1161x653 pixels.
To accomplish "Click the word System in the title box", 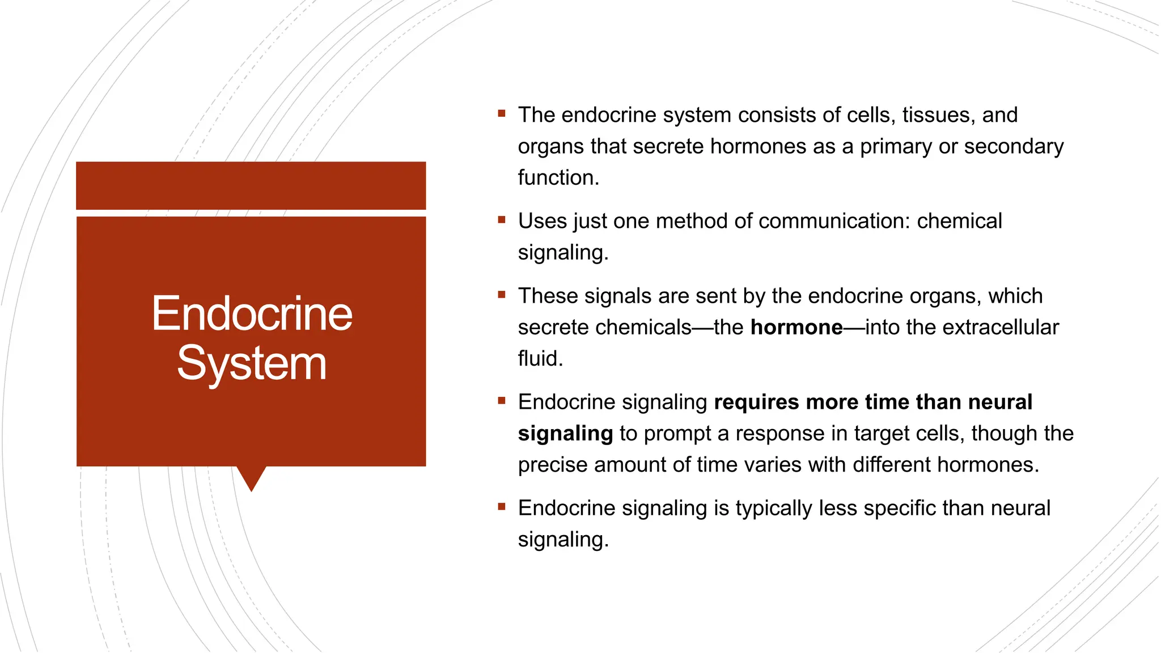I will click(x=252, y=363).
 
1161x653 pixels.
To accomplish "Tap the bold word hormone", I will click(x=796, y=328).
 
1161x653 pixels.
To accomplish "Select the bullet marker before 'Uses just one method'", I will click(x=501, y=220).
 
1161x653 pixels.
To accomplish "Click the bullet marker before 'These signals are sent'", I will click(x=501, y=295).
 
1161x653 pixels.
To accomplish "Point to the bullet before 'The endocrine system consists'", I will click(x=501, y=114).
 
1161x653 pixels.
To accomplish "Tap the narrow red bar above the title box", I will click(x=251, y=185).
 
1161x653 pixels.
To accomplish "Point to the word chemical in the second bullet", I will click(x=959, y=221).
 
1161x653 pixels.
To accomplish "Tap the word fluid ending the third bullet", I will click(x=540, y=359).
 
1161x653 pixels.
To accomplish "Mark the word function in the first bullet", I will click(x=558, y=178).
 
